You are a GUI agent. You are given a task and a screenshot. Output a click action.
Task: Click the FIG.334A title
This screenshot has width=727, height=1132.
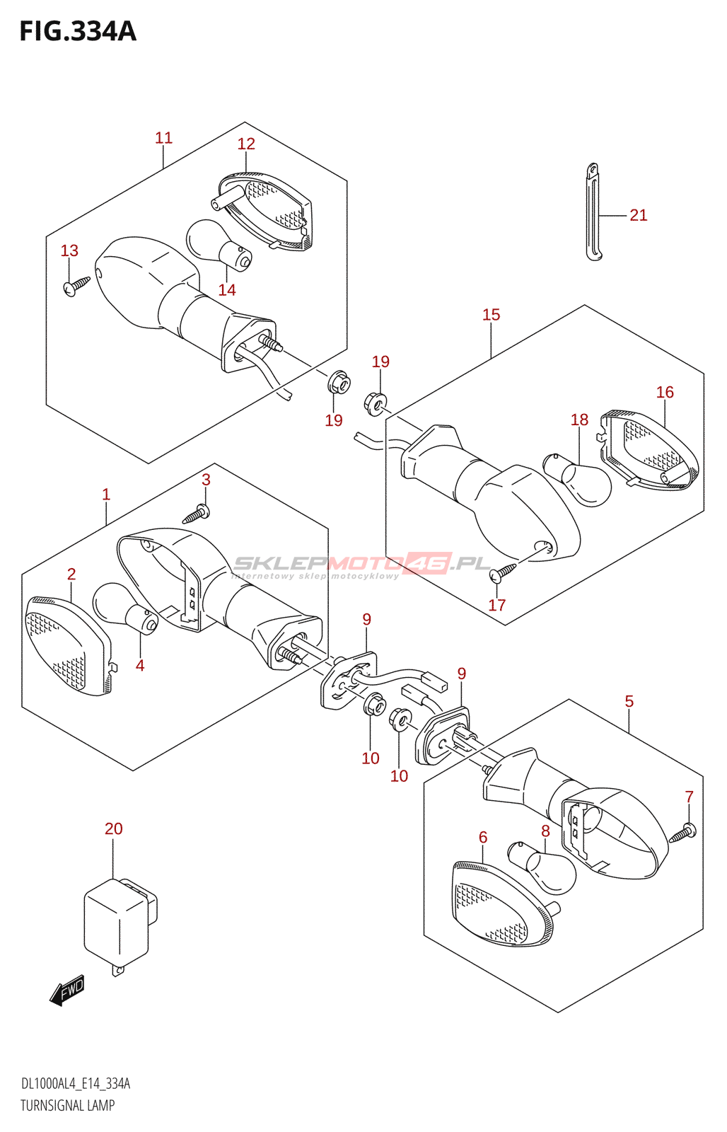(x=78, y=31)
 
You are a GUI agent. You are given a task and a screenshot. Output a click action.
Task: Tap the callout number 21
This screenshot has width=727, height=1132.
(x=638, y=215)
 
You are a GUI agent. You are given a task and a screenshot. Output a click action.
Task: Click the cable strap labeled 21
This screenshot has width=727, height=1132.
(x=593, y=212)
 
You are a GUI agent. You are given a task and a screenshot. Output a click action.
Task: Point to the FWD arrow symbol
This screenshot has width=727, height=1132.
(x=67, y=991)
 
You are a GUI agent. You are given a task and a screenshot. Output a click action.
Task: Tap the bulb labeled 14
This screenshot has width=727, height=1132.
(x=219, y=244)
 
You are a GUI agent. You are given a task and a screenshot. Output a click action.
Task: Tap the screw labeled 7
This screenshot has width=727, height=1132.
(x=682, y=833)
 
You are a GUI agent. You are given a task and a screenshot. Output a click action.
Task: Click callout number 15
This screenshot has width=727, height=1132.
(x=491, y=315)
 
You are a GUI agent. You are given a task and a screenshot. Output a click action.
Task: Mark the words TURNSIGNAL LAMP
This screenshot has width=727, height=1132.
(x=67, y=1105)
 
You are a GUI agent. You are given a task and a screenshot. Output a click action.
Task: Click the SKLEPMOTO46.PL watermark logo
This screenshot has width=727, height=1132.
(x=361, y=565)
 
